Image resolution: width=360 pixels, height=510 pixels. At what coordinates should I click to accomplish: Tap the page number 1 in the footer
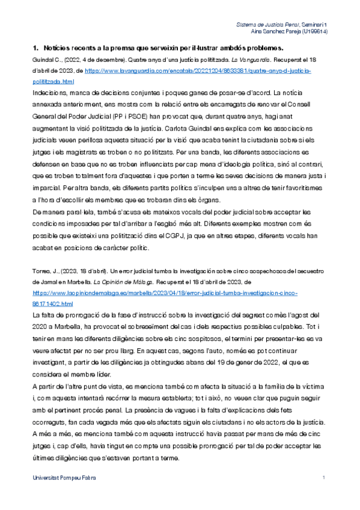coord(323,478)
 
